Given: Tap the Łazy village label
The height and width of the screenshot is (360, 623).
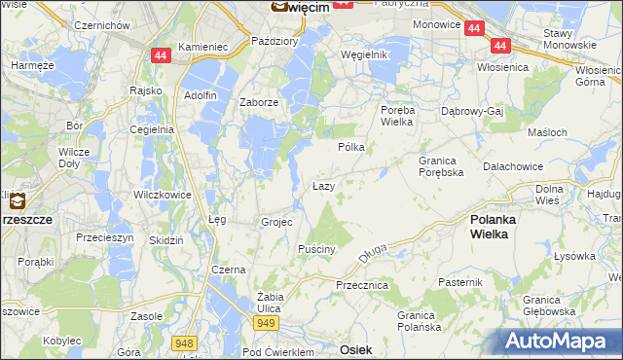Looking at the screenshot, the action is coord(324,186).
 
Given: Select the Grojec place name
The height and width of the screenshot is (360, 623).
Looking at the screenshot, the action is coord(276,222).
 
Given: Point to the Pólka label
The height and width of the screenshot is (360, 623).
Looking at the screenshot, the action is coord(350,147).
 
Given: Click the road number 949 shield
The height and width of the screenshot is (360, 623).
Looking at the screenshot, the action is coord(268,322).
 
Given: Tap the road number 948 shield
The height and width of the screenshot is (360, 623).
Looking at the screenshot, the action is coord(183,342).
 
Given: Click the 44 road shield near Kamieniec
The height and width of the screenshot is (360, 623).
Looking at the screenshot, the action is coord(161,55).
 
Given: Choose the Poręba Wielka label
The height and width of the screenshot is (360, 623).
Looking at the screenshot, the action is coord(397,117).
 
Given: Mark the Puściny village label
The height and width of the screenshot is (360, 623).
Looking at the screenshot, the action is coord(317,249).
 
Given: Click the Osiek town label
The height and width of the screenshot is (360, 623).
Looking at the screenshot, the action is coord(355,347).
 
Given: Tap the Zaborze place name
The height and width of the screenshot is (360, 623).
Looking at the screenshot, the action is coord(260,102).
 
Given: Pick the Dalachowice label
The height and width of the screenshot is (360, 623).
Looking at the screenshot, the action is coord(512,166).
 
